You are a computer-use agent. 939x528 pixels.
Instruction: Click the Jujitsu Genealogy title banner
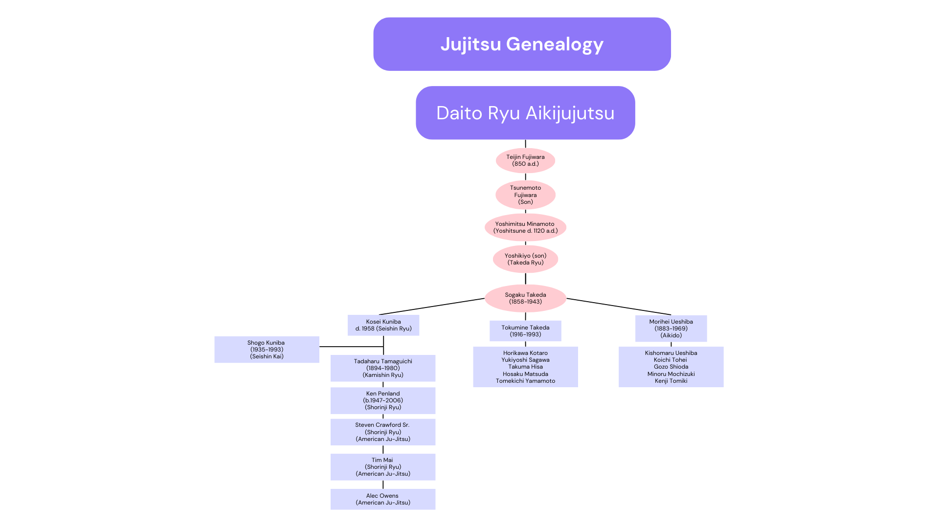(x=522, y=44)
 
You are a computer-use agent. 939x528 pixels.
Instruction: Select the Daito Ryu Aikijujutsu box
(x=525, y=113)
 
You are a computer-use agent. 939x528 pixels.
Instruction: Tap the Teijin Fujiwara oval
(x=525, y=160)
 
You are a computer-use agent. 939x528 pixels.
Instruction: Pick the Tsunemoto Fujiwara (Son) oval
(x=525, y=195)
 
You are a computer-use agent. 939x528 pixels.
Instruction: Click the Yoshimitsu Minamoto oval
(x=525, y=227)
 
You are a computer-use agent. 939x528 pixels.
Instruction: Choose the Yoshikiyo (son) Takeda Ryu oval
(x=525, y=259)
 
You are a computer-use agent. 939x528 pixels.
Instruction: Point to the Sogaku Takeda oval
(x=525, y=298)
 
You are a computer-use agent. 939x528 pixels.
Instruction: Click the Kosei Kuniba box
(x=383, y=325)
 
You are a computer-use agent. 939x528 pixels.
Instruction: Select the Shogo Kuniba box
(x=267, y=350)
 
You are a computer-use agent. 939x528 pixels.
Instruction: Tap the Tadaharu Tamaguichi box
(x=383, y=368)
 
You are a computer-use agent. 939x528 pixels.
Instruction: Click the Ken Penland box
(x=383, y=400)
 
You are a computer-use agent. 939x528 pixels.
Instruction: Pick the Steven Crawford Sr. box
(x=383, y=432)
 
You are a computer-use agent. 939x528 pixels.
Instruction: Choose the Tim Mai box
(x=383, y=467)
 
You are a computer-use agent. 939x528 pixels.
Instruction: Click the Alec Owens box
(x=383, y=499)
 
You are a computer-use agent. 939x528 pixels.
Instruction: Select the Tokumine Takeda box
(x=525, y=331)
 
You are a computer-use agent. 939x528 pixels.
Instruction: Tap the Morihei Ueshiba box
(x=671, y=329)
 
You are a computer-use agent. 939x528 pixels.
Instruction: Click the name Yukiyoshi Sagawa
(x=525, y=360)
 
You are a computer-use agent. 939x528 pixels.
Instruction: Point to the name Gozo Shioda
(x=671, y=367)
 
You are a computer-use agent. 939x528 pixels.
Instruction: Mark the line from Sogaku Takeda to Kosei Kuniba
(x=431, y=307)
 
